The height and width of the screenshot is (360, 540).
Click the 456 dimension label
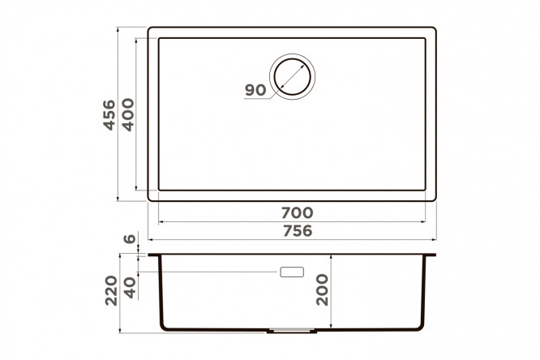click(x=109, y=115)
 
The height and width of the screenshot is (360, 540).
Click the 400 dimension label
click(x=128, y=114)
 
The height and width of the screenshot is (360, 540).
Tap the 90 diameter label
click(x=255, y=90)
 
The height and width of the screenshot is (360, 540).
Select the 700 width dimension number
click(x=298, y=213)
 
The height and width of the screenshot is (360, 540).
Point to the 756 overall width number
click(x=298, y=230)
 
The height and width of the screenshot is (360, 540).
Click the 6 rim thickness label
click(x=130, y=238)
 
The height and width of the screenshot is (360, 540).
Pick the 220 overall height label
click(x=111, y=290)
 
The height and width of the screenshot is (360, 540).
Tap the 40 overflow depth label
click(x=131, y=288)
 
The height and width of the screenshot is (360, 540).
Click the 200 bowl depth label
click(x=323, y=289)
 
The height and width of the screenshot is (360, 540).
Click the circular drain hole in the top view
click(x=293, y=77)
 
